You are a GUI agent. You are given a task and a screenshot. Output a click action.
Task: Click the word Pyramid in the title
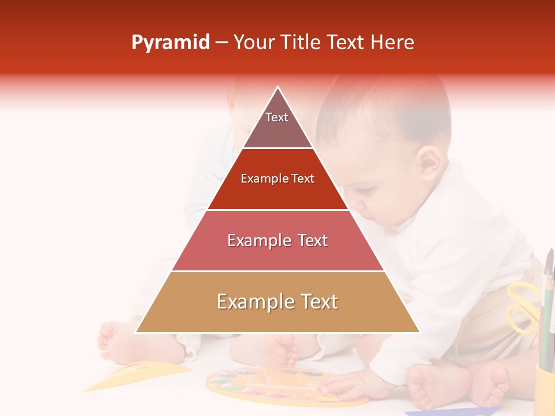(x=170, y=43)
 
